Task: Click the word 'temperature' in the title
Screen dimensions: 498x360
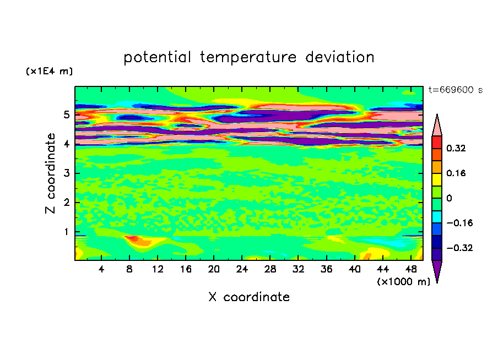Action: point(248,57)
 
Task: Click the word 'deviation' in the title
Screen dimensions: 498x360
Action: point(340,57)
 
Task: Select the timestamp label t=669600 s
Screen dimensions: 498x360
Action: point(456,90)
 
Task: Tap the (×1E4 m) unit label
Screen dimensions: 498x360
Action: point(49,71)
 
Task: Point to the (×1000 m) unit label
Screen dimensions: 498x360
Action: point(403,282)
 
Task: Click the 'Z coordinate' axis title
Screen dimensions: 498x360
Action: point(50,173)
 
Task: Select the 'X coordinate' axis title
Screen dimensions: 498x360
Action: point(249,297)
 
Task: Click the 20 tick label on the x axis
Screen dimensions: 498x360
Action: point(214,269)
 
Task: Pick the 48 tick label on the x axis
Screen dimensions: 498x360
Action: point(411,269)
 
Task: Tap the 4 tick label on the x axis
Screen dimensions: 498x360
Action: point(101,269)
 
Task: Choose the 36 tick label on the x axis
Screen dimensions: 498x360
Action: point(327,269)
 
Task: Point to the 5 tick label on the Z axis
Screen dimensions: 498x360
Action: point(66,114)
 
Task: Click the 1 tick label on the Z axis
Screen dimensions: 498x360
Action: point(66,232)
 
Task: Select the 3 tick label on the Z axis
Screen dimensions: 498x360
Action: point(66,173)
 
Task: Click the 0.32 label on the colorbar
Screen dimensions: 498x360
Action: point(456,148)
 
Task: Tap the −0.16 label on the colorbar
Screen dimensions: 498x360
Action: point(459,223)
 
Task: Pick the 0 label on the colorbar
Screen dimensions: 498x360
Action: point(449,198)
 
